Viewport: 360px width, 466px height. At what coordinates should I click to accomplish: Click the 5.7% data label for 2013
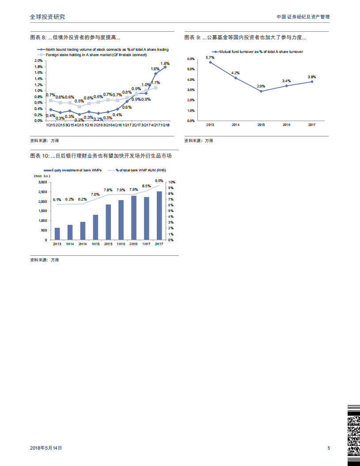coord(210,57)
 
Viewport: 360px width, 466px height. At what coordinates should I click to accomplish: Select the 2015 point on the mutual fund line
coord(261,91)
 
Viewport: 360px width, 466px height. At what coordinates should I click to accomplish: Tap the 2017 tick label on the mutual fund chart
coord(312,125)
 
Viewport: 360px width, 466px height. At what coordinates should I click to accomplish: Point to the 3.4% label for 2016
coord(286,81)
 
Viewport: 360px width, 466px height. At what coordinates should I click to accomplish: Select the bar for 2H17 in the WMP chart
coord(159,216)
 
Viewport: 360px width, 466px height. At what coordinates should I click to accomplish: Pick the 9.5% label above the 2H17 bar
coord(159,180)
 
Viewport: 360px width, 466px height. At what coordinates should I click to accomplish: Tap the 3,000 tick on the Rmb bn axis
coord(42,182)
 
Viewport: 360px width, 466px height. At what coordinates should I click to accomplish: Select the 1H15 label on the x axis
coord(95,244)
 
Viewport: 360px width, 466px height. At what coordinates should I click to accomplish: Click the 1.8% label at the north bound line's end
coord(165,64)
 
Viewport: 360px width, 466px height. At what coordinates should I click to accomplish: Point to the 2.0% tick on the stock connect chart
coord(38,61)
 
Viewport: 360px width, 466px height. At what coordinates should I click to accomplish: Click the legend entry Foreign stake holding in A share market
coord(96,55)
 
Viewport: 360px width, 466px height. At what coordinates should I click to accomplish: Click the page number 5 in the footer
coord(329,448)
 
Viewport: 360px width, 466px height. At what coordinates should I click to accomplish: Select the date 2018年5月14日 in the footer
coord(46,448)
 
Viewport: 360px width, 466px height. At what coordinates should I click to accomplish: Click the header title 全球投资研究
coord(47,16)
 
